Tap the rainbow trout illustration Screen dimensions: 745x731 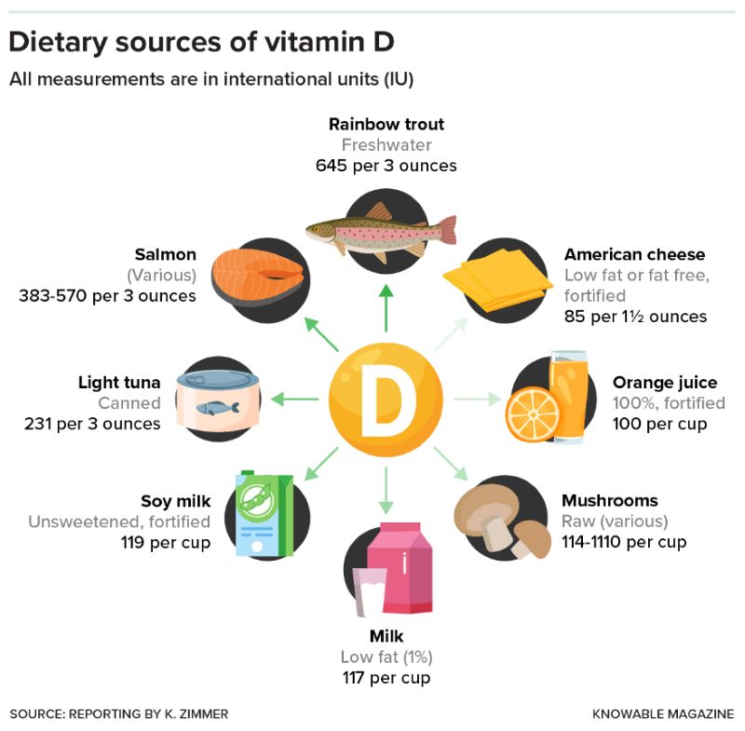pos(381,233)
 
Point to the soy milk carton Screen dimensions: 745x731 pos(264,513)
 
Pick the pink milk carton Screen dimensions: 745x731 pos(400,568)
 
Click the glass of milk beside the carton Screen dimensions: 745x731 pos(369,592)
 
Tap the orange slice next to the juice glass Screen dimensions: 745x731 pos(532,414)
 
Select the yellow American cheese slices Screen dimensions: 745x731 pos(497,279)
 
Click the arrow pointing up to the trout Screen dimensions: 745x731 pos(386,308)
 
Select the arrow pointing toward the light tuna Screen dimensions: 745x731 pos(294,399)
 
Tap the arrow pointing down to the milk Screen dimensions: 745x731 pos(386,490)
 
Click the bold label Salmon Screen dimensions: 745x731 pos(166,254)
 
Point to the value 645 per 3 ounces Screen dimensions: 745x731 pos(386,166)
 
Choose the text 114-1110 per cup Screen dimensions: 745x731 pos(624,542)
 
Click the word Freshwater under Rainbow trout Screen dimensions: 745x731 pos(386,145)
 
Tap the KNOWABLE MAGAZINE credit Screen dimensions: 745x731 pos(663,714)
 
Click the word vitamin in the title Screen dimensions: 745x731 pos(314,42)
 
